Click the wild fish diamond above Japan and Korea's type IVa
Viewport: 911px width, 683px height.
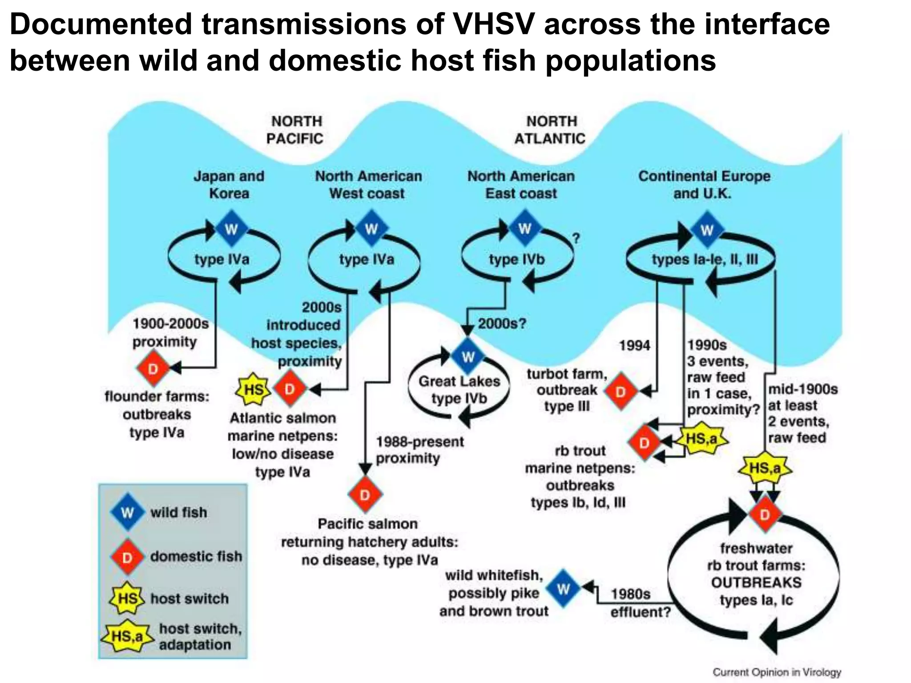coord(231,229)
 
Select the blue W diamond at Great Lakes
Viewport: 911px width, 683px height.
coord(468,357)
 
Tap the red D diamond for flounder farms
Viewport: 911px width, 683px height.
coord(153,369)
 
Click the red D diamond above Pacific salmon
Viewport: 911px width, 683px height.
coord(365,495)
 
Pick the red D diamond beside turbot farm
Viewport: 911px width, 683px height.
coord(621,392)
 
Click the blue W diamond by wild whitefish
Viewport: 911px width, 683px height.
coord(563,589)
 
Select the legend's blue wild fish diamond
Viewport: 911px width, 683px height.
coord(128,512)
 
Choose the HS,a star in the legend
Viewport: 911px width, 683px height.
coord(127,636)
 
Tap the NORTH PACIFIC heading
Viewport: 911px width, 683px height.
coord(295,130)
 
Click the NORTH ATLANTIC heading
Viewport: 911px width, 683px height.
coord(550,130)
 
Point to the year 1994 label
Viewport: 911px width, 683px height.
coord(634,345)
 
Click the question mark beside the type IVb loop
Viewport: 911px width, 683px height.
coord(576,239)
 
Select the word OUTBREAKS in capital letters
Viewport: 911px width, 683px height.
coord(756,583)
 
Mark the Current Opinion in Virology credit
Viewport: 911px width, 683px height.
coord(777,672)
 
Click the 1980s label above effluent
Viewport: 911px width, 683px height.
coord(630,594)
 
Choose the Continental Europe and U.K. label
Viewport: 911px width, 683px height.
coord(704,185)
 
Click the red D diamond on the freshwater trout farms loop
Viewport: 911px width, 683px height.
coord(765,515)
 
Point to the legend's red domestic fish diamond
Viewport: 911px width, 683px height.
coord(128,557)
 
